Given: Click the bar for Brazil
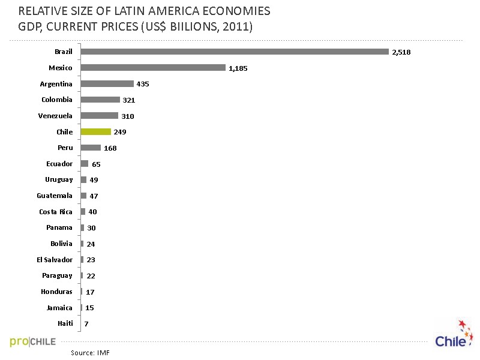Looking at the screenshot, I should pyautogui.click(x=234, y=52).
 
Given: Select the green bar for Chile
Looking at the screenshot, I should pyautogui.click(x=95, y=131).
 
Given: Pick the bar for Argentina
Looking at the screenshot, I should pyautogui.click(x=107, y=84).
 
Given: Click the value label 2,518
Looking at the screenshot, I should pyautogui.click(x=401, y=52).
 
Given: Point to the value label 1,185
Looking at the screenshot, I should pyautogui.click(x=238, y=68).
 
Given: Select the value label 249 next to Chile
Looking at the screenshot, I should pyautogui.click(x=119, y=132).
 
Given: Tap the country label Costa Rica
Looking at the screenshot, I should pyautogui.click(x=56, y=212).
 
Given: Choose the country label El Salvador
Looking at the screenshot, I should pyautogui.click(x=55, y=260).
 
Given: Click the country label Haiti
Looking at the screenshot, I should pyautogui.click(x=65, y=323).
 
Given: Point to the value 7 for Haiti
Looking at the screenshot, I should pyautogui.click(x=86, y=324).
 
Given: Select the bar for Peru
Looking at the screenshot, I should pyautogui.click(x=91, y=148).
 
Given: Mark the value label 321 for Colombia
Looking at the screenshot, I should pyautogui.click(x=128, y=100).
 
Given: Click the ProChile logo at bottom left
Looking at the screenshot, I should pyautogui.click(x=33, y=341).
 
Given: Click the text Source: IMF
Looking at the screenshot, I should pyautogui.click(x=90, y=353).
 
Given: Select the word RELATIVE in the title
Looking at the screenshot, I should pyautogui.click(x=42, y=11).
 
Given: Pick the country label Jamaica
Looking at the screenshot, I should pyautogui.click(x=59, y=308).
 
